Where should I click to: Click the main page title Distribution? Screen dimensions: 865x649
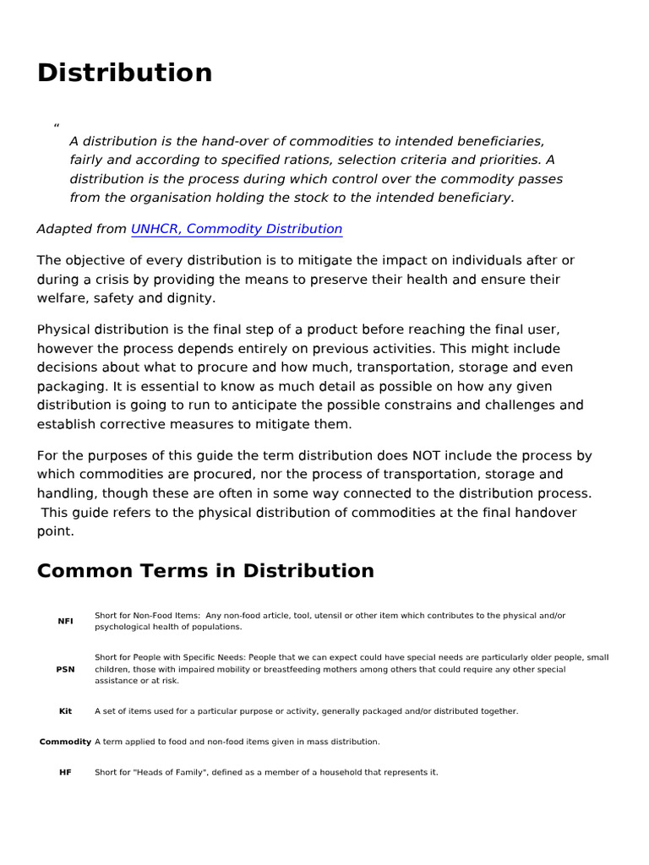(124, 73)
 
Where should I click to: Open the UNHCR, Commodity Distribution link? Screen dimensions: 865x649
(237, 229)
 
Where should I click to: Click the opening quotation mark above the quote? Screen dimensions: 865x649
(56, 128)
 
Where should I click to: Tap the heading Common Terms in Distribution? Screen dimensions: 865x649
(205, 571)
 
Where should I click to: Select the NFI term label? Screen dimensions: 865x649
(65, 621)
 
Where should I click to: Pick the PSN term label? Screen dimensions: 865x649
(65, 669)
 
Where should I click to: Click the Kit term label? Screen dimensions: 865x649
(65, 711)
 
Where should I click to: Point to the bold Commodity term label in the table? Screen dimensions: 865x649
(65, 742)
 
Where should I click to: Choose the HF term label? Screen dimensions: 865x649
(65, 772)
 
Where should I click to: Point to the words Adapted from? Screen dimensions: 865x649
(82, 229)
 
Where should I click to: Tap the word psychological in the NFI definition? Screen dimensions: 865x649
(123, 627)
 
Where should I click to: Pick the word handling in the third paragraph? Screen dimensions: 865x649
(65, 493)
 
